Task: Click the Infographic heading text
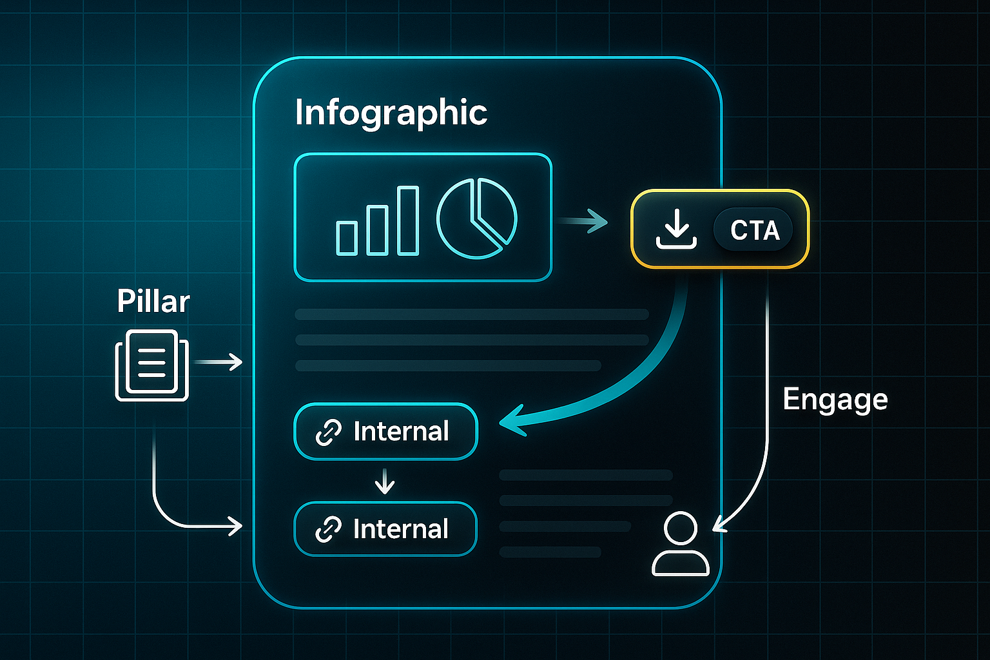tap(391, 113)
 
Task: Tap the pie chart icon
tap(476, 218)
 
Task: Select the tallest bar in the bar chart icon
tap(408, 220)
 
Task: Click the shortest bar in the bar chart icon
tap(347, 237)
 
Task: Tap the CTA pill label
tap(754, 230)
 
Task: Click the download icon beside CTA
tap(676, 230)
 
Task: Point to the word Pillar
tap(153, 301)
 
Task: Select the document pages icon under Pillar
tap(152, 365)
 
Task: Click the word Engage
tap(835, 400)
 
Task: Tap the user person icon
tap(681, 545)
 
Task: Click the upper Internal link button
tap(385, 431)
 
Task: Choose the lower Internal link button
tap(385, 529)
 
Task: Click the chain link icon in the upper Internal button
tap(328, 432)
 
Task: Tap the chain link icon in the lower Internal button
tap(328, 530)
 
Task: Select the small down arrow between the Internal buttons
tap(385, 481)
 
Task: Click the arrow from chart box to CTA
tap(583, 222)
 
